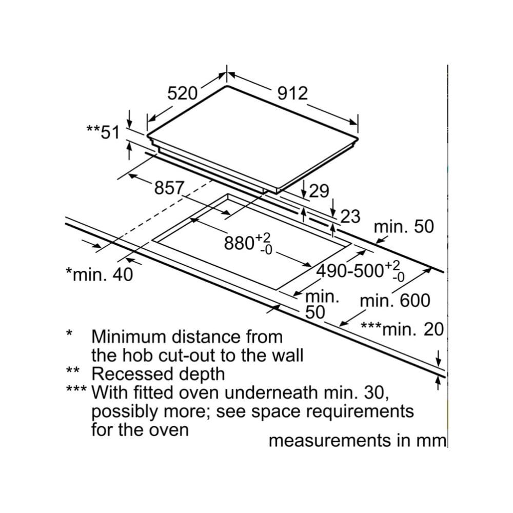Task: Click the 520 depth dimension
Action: pyautogui.click(x=182, y=93)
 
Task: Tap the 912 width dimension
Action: pyautogui.click(x=292, y=93)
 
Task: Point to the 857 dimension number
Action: pyautogui.click(x=169, y=188)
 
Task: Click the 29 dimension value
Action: pyautogui.click(x=319, y=191)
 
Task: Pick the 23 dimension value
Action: pyautogui.click(x=350, y=216)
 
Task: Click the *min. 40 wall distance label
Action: pyautogui.click(x=100, y=274)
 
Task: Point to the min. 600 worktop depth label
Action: pyautogui.click(x=395, y=300)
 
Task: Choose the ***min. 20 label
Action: pyautogui.click(x=402, y=329)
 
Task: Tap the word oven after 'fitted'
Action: pyautogui.click(x=198, y=393)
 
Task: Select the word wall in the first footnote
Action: pyautogui.click(x=288, y=356)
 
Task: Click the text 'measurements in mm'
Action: pyautogui.click(x=357, y=440)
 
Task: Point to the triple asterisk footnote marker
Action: pyautogui.click(x=76, y=389)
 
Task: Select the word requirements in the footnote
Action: pyautogui.click(x=360, y=412)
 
